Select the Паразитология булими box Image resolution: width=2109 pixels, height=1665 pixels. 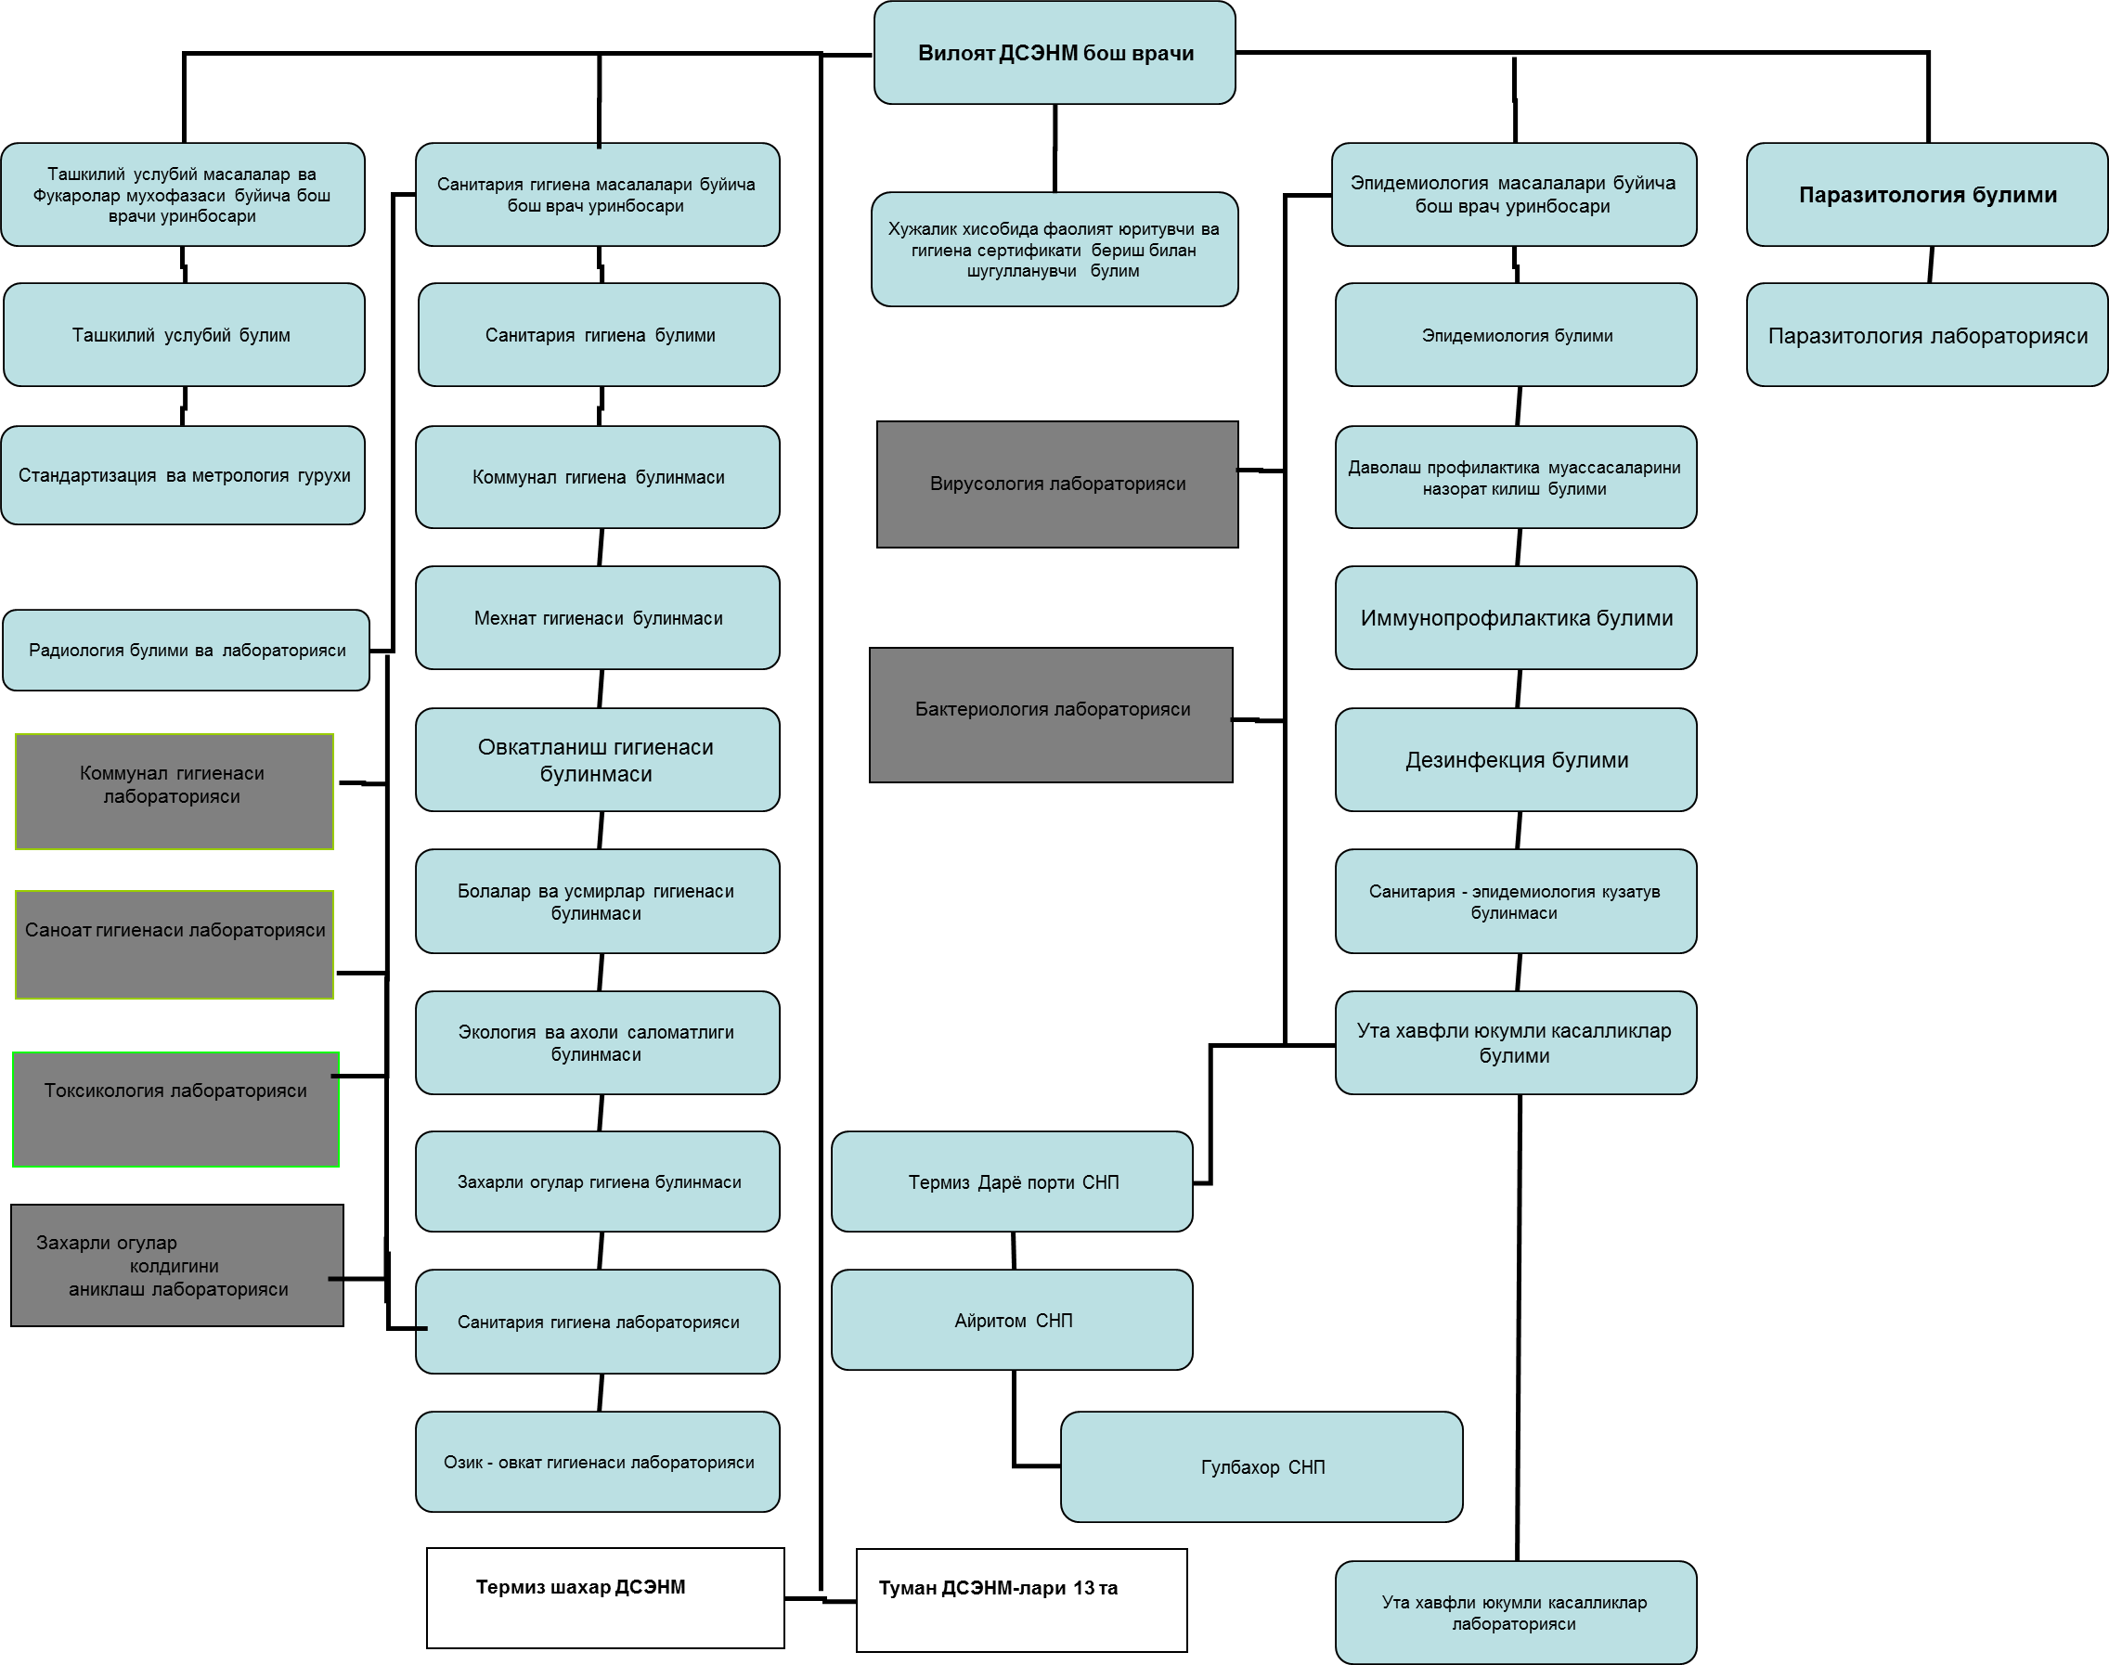[x=1927, y=194]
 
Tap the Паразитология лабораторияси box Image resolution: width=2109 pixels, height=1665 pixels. [x=1927, y=335]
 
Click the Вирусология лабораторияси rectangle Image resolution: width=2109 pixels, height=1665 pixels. [x=1057, y=484]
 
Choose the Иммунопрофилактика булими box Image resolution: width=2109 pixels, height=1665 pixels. [x=1515, y=617]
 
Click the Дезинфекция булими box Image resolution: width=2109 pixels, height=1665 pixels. [x=1515, y=759]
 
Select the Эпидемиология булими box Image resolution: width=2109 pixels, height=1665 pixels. [x=1515, y=335]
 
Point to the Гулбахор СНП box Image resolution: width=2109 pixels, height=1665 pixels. [x=1262, y=1466]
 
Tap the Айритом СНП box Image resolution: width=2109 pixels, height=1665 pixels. [x=1012, y=1320]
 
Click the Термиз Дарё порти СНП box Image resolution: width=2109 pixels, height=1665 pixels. [x=1012, y=1181]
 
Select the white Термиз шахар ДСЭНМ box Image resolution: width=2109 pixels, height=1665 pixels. [x=604, y=1596]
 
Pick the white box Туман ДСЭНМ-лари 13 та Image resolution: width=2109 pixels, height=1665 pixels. [x=1021, y=1599]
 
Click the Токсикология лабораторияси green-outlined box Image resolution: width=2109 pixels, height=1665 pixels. [x=175, y=1108]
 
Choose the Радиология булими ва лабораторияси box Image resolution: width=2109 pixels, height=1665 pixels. [x=187, y=651]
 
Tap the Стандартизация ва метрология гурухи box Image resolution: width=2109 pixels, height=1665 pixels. [x=183, y=476]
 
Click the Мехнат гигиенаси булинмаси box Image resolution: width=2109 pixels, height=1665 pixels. [x=598, y=617]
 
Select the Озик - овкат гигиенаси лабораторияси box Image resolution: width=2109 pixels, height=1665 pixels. [x=598, y=1461]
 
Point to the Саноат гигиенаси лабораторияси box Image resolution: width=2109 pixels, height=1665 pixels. [x=175, y=944]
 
